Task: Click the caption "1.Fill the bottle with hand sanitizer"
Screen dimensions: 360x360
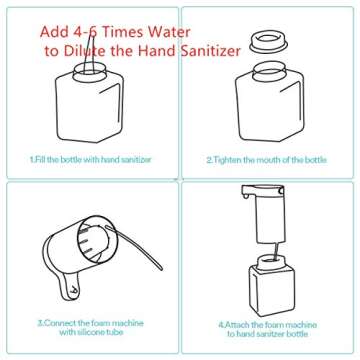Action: pyautogui.click(x=90, y=158)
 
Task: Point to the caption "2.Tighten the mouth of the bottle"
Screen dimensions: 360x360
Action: pyautogui.click(x=265, y=158)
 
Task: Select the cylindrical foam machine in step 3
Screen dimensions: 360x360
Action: pyautogui.click(x=95, y=245)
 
